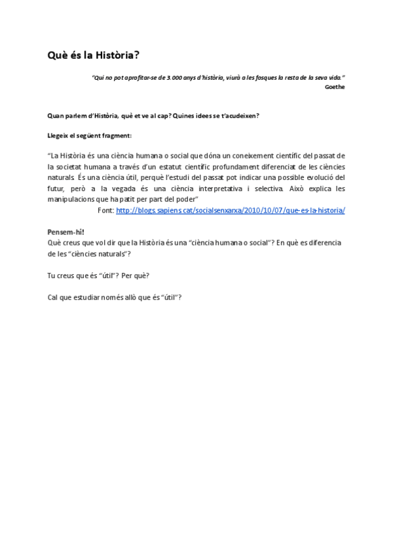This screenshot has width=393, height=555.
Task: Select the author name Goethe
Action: pos(335,86)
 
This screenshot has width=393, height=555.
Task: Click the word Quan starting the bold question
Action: pos(55,116)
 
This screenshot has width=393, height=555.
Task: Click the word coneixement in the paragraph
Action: pos(240,156)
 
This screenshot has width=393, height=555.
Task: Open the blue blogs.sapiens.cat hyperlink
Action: pos(231,210)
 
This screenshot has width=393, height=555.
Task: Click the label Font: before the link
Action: pos(105,210)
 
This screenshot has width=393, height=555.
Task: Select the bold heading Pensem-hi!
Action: pos(65,232)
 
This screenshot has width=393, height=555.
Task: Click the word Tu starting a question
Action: pos(51,276)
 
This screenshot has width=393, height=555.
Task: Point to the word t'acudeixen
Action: pos(239,116)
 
